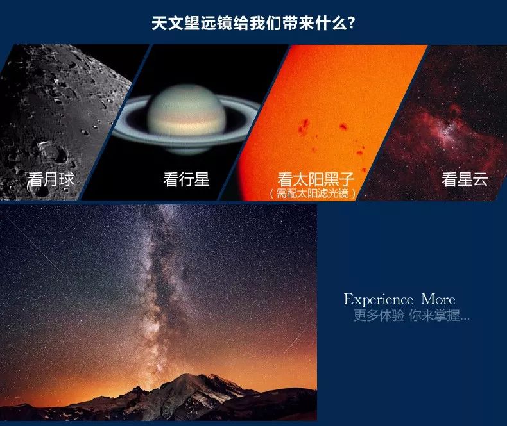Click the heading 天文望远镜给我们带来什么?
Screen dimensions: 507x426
click(253, 23)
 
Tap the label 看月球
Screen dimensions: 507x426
click(51, 179)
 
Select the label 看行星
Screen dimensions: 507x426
click(186, 179)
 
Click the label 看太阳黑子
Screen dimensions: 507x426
click(316, 179)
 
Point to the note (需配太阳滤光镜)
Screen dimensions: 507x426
click(313, 193)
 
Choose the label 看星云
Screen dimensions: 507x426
click(465, 179)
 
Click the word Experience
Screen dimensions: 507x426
click(378, 300)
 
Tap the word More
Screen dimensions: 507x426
click(438, 299)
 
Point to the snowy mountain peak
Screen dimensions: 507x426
click(191, 382)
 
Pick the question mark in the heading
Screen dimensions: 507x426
click(352, 23)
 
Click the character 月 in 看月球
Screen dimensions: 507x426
click(51, 179)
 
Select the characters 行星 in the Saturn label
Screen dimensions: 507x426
click(194, 179)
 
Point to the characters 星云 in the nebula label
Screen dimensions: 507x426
click(472, 179)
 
